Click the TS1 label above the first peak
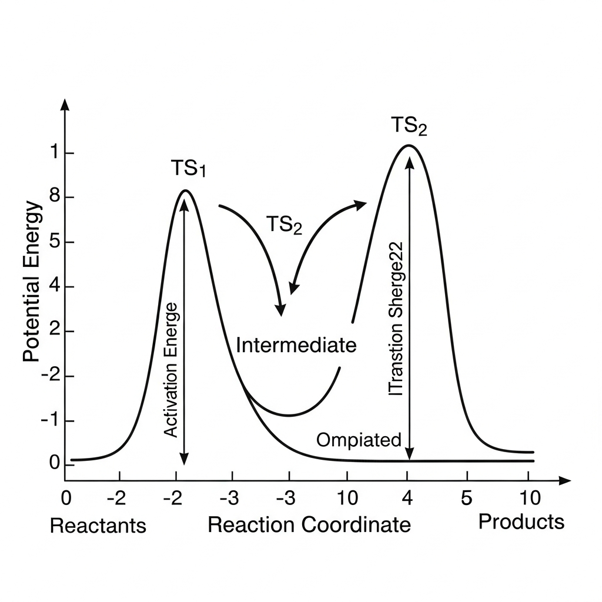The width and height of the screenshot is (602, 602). [189, 169]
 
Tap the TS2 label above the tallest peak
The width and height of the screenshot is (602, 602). [409, 126]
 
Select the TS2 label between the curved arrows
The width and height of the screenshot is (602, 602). [284, 225]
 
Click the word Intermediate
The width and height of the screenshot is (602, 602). [296, 345]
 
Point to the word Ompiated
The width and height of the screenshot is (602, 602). [359, 439]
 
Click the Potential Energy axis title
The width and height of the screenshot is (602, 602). [33, 282]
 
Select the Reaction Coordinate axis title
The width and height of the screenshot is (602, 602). [309, 524]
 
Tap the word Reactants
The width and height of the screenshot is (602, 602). [98, 525]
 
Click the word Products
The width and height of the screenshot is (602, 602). [521, 521]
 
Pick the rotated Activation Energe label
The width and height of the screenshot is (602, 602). [170, 370]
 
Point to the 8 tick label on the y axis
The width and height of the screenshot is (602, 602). [53, 198]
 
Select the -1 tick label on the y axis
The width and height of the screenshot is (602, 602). [51, 421]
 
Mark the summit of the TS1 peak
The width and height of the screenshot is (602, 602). [185, 190]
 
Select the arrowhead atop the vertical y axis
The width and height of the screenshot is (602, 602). [65, 105]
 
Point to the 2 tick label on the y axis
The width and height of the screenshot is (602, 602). [53, 332]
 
